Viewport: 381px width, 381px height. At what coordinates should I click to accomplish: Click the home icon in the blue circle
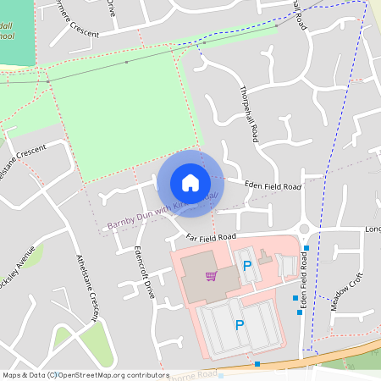click(190, 183)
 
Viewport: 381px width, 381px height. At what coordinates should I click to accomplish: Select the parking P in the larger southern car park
click(240, 325)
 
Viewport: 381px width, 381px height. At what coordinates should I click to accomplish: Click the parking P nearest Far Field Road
click(247, 266)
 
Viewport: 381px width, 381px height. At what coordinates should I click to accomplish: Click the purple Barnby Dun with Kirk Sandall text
click(161, 211)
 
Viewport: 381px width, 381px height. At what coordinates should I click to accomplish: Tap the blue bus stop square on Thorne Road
click(257, 364)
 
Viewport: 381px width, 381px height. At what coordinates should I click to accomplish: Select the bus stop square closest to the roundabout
click(306, 248)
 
